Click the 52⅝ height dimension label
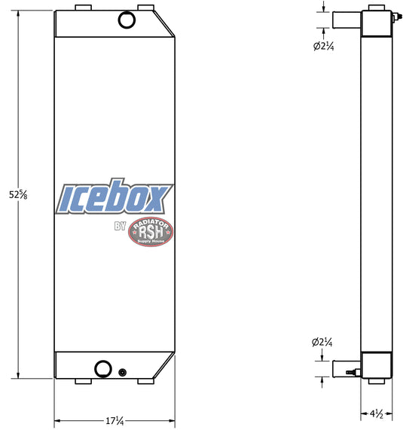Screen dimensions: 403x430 18,195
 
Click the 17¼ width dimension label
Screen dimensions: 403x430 114,421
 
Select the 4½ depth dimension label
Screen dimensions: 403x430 377,413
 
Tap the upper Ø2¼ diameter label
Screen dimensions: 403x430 324,47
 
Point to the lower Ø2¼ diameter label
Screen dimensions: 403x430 322,342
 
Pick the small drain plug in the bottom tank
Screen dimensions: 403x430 122,373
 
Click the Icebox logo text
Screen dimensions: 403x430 114,197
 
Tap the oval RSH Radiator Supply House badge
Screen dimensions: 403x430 151,231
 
